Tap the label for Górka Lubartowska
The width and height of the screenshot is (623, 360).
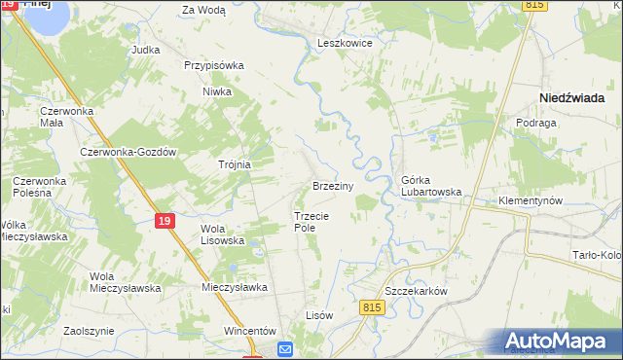(431, 186)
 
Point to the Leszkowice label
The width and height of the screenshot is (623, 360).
(346, 43)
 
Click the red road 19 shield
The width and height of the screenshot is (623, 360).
(165, 222)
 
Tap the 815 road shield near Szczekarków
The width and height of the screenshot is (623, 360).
(377, 307)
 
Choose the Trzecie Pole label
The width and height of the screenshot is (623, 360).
(312, 221)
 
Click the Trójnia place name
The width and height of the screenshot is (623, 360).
(235, 164)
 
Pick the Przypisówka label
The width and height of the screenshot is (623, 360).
(213, 65)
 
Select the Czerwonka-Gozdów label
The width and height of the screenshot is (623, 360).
(128, 153)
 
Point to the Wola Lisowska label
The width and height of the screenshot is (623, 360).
(220, 234)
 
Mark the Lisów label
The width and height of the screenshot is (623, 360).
(319, 315)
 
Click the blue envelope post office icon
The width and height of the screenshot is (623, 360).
(285, 349)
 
